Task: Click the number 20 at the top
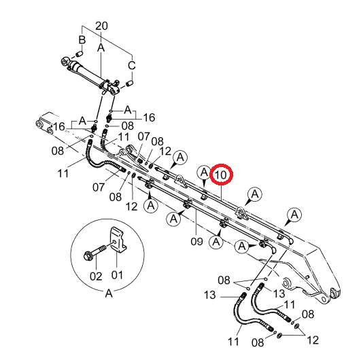coord(101,26)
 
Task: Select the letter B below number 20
coord(82,40)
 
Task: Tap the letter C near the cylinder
coord(132,65)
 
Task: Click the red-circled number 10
coord(221,175)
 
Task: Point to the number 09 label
coord(196,242)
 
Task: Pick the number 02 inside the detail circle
coord(96,276)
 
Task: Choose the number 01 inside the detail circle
coord(117,275)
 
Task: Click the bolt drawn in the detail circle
coord(94,253)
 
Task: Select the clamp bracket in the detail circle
coord(118,240)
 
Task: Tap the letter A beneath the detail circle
coord(109,293)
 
